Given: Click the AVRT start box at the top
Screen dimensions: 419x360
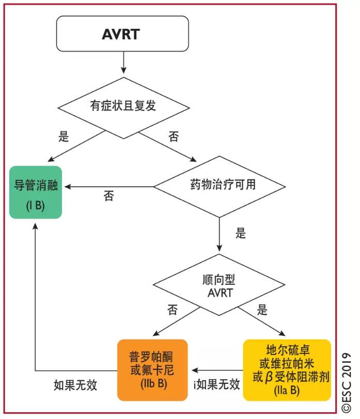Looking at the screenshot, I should point(123,35).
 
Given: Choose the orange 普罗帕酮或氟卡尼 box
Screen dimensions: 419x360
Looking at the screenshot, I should point(152,369).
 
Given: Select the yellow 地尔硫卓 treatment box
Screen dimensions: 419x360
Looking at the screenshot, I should point(287,369).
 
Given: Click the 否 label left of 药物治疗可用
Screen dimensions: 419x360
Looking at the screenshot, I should point(109,196).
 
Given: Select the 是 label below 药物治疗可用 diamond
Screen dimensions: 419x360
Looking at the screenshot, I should point(241,233).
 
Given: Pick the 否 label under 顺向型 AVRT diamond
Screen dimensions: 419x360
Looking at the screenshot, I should point(173,310).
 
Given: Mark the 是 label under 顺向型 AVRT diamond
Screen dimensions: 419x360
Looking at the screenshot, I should point(263,310).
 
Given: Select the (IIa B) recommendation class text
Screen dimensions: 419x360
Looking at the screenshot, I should point(287,391).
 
